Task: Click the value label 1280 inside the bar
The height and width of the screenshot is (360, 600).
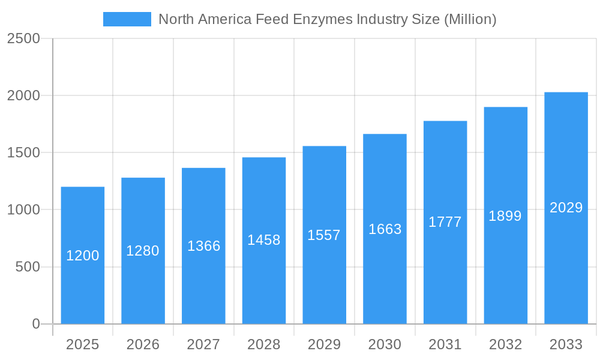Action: (143, 251)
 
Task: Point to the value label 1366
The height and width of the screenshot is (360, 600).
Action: (204, 246)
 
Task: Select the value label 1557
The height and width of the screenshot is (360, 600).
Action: (324, 235)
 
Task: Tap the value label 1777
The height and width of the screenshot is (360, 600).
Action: (445, 222)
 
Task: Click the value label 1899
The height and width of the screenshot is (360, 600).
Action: (505, 216)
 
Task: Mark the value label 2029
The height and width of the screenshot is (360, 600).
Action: (566, 208)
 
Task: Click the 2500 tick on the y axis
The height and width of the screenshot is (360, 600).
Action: (23, 38)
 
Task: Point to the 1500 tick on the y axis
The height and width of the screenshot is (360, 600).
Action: (23, 153)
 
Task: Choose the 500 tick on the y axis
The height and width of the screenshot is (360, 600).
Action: (28, 267)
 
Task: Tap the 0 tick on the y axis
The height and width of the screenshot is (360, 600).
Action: (35, 324)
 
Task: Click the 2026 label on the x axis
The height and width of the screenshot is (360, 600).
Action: (143, 344)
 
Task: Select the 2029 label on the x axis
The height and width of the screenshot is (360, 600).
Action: (324, 344)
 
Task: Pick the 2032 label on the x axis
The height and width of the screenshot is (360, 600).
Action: (505, 344)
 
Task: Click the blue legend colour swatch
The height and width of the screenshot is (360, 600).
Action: (127, 19)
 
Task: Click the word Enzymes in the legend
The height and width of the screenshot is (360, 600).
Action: (323, 19)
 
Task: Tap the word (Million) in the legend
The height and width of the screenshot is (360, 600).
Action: (470, 19)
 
